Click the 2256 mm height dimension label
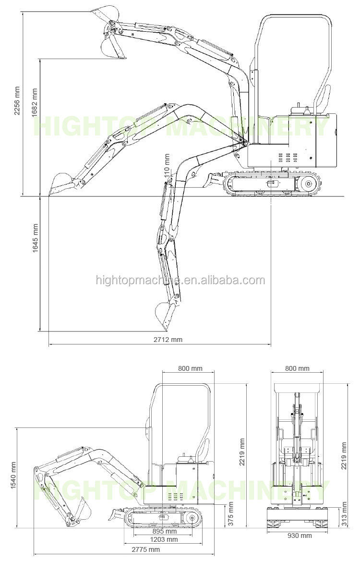(x=17, y=100)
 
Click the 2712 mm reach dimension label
(x=168, y=340)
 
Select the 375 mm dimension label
(x=230, y=513)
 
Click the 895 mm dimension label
(x=165, y=531)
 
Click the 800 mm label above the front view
(x=297, y=368)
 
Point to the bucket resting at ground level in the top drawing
(x=60, y=184)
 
